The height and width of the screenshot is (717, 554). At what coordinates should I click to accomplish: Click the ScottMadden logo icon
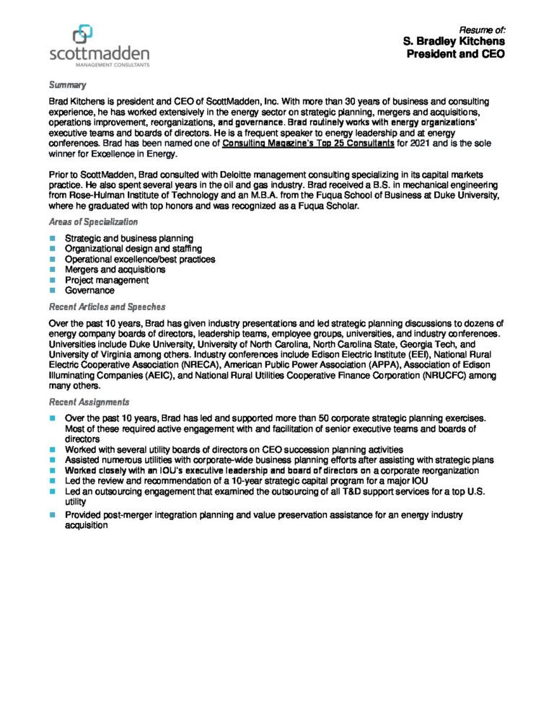pyautogui.click(x=83, y=35)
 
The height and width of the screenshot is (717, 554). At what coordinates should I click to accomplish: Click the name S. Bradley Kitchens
pyautogui.click(x=454, y=42)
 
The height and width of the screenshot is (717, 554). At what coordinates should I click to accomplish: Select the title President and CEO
pyautogui.click(x=455, y=54)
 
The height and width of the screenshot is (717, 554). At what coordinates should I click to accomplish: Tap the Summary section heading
pyautogui.click(x=67, y=85)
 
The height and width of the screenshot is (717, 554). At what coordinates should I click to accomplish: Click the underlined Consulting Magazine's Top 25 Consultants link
pyautogui.click(x=308, y=144)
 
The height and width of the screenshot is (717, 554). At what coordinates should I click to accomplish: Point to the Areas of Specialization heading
pyautogui.click(x=93, y=222)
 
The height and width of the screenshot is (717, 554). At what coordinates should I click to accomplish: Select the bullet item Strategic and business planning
pyautogui.click(x=128, y=239)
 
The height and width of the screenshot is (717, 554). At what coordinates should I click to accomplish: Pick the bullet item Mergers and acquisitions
pyautogui.click(x=115, y=270)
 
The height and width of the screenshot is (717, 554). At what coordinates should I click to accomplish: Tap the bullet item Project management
pyautogui.click(x=107, y=280)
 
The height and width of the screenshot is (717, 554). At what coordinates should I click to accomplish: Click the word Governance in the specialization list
pyautogui.click(x=89, y=291)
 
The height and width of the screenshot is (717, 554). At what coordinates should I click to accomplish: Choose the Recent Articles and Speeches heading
pyautogui.click(x=107, y=307)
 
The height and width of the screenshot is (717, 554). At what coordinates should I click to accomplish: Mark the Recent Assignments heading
pyautogui.click(x=89, y=402)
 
